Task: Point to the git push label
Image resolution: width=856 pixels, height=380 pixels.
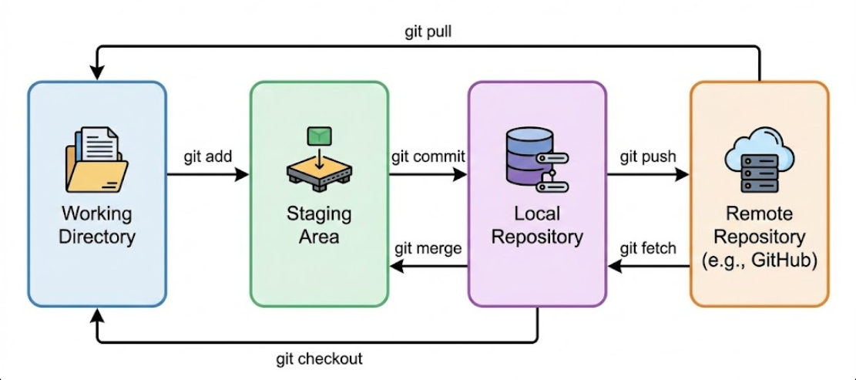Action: click(x=648, y=156)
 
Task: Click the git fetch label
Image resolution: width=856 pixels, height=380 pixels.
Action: click(x=648, y=248)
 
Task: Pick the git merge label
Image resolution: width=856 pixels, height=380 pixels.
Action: click(x=428, y=248)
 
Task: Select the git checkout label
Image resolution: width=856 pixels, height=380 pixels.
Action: click(x=319, y=358)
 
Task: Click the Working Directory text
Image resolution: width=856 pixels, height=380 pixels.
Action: click(x=97, y=224)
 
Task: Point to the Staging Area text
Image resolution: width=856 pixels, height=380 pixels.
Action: click(x=319, y=224)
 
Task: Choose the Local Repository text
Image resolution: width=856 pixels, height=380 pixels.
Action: click(x=537, y=224)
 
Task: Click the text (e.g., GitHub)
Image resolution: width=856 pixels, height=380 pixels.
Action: click(x=759, y=261)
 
